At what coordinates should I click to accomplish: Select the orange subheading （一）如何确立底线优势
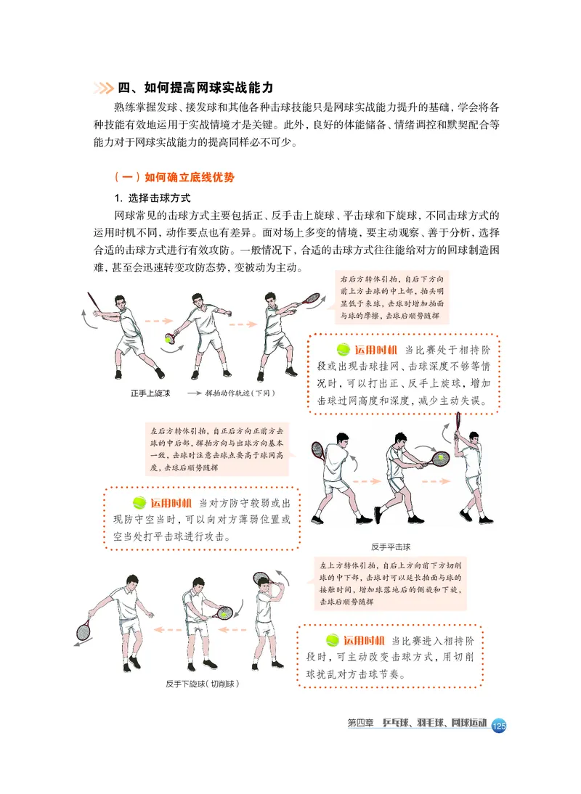[174, 176]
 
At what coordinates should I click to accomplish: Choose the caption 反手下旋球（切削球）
[202, 684]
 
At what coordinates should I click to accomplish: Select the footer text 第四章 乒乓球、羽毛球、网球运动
[415, 724]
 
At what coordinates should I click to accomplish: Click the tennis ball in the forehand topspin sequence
[169, 338]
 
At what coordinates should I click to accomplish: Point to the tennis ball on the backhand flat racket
[440, 458]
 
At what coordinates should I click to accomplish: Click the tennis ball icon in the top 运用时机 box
[343, 348]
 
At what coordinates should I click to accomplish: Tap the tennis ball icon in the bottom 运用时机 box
[332, 639]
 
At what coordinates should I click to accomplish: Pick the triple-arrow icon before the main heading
[103, 89]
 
